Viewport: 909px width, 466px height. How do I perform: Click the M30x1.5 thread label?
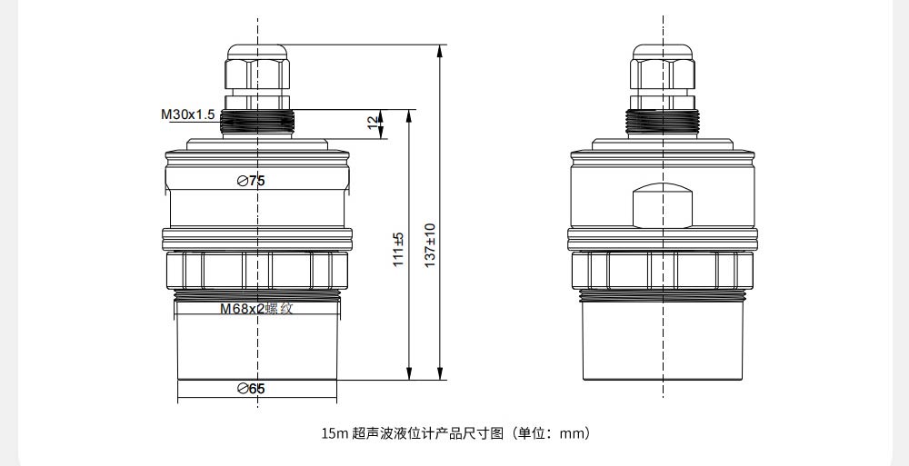pyautogui.click(x=188, y=114)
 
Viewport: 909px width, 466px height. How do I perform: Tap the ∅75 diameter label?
pyautogui.click(x=251, y=181)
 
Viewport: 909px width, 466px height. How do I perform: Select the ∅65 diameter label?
pyautogui.click(x=251, y=389)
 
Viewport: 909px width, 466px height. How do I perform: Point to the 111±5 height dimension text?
pyautogui.click(x=398, y=249)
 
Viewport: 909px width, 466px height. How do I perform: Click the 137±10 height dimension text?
pyautogui.click(x=430, y=245)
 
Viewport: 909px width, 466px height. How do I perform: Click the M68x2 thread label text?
pyautogui.click(x=242, y=308)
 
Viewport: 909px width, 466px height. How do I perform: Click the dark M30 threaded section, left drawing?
pyautogui.click(x=257, y=122)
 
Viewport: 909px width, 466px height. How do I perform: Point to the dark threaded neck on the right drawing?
pyautogui.click(x=663, y=122)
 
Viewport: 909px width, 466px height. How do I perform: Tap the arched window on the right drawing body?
pyautogui.click(x=663, y=206)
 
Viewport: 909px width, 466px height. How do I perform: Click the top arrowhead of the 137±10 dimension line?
pyautogui.click(x=440, y=51)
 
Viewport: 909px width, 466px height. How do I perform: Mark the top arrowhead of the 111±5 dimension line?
pyautogui.click(x=409, y=116)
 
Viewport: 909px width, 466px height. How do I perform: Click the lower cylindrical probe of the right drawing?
pyautogui.click(x=663, y=341)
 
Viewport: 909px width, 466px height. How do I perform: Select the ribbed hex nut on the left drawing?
pyautogui.click(x=257, y=270)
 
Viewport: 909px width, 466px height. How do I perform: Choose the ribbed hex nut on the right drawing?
pyautogui.click(x=663, y=270)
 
